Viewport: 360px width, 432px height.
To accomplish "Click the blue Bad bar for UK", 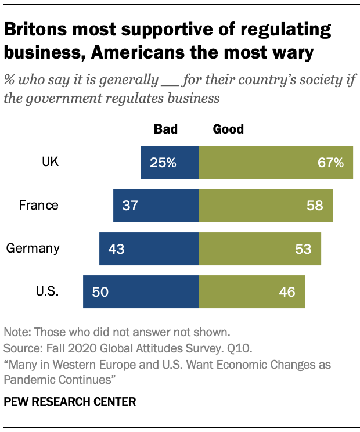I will tap(170, 162).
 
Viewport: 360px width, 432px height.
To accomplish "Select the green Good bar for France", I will tap(265, 205).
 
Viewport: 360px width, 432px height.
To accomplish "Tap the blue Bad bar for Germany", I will tap(149, 249).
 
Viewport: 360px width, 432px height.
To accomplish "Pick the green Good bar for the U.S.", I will tap(251, 291).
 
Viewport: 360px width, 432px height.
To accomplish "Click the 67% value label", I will tap(331, 163).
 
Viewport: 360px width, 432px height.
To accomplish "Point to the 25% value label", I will tap(163, 163).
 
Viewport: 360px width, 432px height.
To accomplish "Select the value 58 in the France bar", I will tap(315, 206).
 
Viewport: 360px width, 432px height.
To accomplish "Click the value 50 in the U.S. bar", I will tap(100, 291).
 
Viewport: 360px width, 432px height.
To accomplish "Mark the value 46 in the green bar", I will tap(287, 291).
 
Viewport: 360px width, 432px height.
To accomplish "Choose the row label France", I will tap(39, 205).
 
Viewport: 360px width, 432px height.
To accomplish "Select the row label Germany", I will tap(33, 249).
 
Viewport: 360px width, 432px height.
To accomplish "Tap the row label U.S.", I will tap(47, 291).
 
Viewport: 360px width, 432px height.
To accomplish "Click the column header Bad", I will tap(165, 129).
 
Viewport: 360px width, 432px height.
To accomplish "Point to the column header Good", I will tap(229, 129).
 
